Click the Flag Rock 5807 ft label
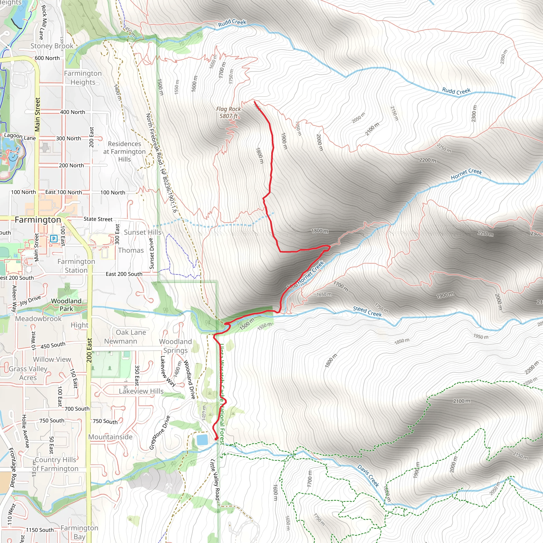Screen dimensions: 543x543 point(228,112)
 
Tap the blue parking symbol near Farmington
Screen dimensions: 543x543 point(53,239)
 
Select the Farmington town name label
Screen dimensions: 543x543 point(38,220)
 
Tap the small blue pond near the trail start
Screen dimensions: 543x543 point(202,440)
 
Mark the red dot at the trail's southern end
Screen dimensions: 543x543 point(216,439)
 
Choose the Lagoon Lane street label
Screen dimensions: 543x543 point(20,137)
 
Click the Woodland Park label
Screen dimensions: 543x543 point(66,305)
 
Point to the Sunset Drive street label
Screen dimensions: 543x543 point(151,253)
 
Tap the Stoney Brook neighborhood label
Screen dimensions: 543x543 point(52,46)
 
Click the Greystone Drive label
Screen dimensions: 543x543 point(159,432)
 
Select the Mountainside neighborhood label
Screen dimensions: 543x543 point(110,437)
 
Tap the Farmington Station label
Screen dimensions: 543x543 point(76,266)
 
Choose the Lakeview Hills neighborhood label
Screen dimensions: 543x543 point(141,391)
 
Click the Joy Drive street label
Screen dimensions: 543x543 point(30,300)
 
